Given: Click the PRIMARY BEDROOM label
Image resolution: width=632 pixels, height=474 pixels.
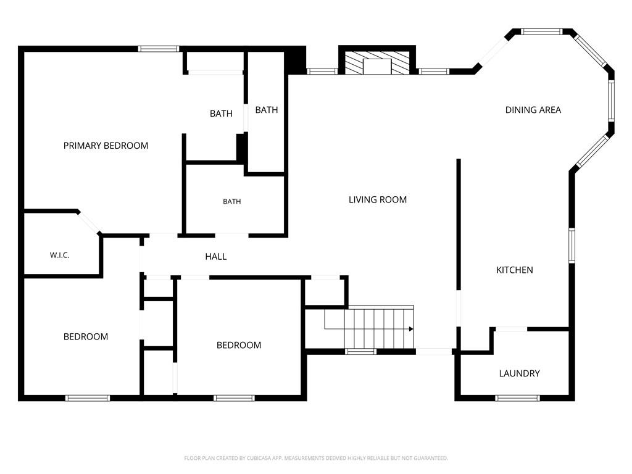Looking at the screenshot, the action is [x=106, y=146].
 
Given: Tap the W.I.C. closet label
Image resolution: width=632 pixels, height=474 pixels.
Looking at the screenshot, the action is [x=60, y=255].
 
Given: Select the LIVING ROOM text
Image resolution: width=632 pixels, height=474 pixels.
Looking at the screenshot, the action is [x=378, y=199].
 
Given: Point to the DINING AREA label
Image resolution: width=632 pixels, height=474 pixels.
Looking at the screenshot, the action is [x=533, y=110].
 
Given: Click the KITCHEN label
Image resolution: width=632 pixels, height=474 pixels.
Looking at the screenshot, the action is [x=514, y=270].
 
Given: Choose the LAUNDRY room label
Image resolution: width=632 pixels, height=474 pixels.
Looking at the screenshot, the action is [x=519, y=373].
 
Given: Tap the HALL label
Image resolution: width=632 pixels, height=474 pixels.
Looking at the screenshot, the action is [x=215, y=256].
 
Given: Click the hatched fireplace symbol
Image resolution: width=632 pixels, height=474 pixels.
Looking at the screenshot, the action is [x=376, y=63].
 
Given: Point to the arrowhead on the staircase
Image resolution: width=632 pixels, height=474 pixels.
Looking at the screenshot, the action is [x=411, y=329].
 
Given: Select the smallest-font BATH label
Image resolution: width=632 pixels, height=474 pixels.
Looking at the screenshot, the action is [x=232, y=202].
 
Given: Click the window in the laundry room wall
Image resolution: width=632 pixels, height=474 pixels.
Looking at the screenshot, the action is [x=517, y=398].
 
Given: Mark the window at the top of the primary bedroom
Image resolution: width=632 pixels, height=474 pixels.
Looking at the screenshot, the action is [x=159, y=49].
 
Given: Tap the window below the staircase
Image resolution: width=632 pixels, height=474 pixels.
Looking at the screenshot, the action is [x=360, y=351].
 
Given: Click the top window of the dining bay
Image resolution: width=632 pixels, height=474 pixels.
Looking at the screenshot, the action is [x=541, y=31].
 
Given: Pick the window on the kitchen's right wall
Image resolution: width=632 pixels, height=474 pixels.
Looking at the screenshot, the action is [x=572, y=246].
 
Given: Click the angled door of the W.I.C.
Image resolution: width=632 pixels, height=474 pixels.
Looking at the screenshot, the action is [x=89, y=222].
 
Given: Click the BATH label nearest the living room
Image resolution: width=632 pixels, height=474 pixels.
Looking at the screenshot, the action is [x=267, y=110].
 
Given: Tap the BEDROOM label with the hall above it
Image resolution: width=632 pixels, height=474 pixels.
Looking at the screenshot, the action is [x=239, y=345].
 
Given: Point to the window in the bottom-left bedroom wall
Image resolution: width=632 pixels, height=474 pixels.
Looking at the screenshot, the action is [x=88, y=398].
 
